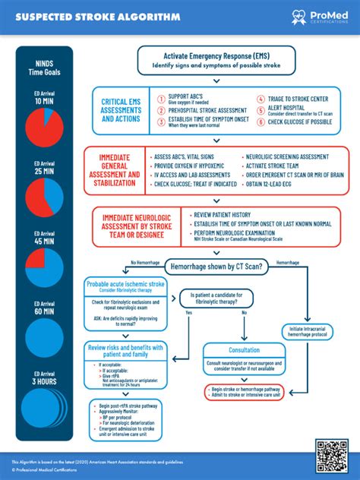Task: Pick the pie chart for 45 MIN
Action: [x=44, y=264]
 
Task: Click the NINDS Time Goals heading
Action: [x=44, y=65]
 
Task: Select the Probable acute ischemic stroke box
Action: [x=125, y=286]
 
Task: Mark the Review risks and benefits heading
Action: [x=125, y=351]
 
